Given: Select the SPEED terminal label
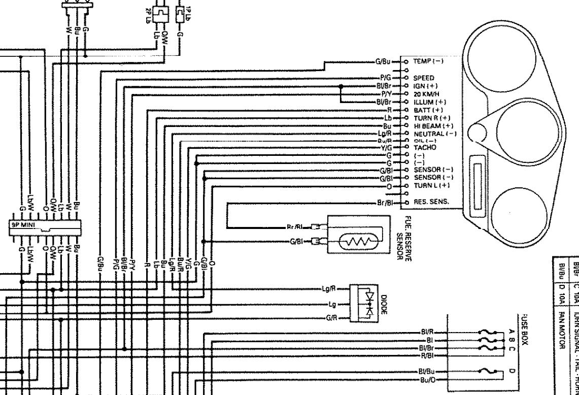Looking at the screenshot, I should pos(423,79).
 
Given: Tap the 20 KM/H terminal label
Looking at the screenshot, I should pos(426,94).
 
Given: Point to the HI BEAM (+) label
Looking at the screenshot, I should pos(433,125).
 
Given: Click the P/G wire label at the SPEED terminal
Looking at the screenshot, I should pos(383,79).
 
